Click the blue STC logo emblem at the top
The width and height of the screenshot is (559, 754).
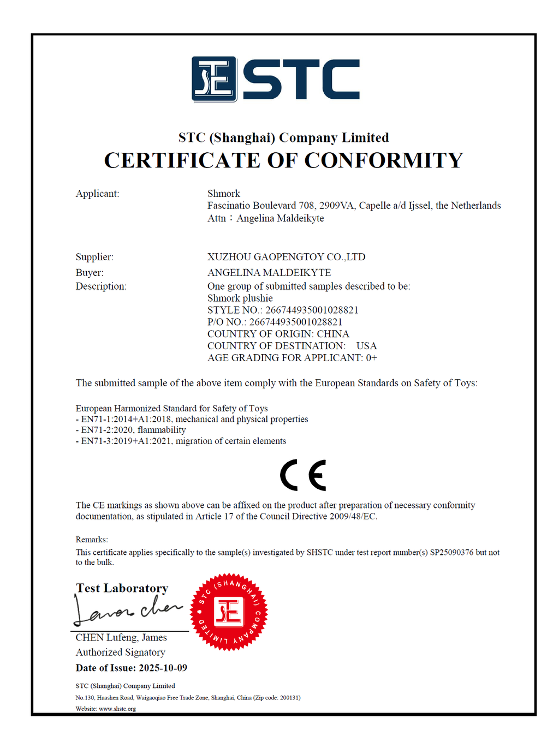tap(214, 79)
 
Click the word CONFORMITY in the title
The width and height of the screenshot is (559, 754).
tap(383, 160)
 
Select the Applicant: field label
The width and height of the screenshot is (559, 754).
tap(97, 194)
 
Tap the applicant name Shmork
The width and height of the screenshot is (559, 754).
tap(223, 194)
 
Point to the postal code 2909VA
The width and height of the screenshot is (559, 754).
tap(336, 206)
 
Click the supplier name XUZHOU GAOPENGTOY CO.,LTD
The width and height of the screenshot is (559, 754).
tap(286, 257)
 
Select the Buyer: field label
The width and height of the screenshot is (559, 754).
tap(90, 273)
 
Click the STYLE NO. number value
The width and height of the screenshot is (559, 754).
tap(312, 310)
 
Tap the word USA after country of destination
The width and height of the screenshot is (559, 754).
tap(366, 346)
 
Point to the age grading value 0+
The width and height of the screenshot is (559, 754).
tap(371, 358)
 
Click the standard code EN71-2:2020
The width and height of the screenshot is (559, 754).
tap(106, 430)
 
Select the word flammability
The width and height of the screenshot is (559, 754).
tap(162, 430)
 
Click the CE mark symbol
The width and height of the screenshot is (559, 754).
tap(303, 475)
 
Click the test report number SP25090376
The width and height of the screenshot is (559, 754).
tap(451, 552)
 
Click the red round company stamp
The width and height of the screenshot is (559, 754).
tap(229, 612)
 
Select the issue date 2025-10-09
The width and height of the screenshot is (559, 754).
tap(163, 668)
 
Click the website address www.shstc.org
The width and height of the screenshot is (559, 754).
tap(117, 709)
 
